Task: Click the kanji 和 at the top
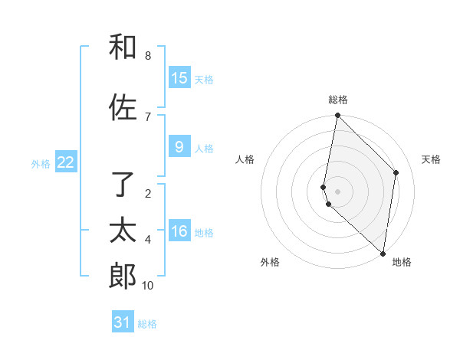tap(123, 47)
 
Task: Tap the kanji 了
tap(123, 184)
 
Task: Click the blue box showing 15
tap(179, 78)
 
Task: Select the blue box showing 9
tap(179, 147)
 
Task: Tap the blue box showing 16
tap(179, 231)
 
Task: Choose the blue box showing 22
tap(66, 162)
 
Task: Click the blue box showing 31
tap(123, 322)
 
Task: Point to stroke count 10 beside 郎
tap(148, 286)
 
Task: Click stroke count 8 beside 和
tap(148, 56)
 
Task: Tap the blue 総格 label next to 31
tap(147, 324)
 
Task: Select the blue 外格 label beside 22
tap(41, 163)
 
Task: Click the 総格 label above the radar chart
tap(338, 100)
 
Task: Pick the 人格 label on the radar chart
tap(245, 159)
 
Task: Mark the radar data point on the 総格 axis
tap(338, 116)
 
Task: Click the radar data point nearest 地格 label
tap(383, 253)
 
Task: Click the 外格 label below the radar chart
tap(270, 263)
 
